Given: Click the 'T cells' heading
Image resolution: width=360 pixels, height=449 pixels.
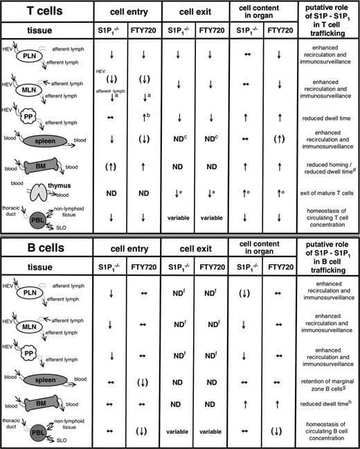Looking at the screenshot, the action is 35,13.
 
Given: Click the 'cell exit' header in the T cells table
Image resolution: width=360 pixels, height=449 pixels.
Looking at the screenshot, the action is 197,13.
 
